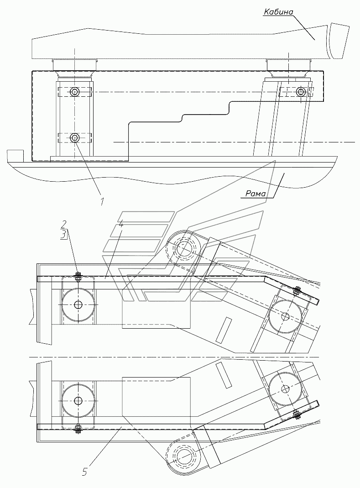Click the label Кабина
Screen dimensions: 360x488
click(278, 12)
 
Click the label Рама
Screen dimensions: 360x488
click(256, 194)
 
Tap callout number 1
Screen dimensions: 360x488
click(102, 201)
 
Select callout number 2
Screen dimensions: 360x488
click(63, 224)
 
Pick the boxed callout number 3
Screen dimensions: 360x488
click(63, 234)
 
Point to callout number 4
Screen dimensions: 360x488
click(121, 224)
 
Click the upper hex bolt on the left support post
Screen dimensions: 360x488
click(75, 92)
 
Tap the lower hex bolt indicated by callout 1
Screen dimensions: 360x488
click(75, 137)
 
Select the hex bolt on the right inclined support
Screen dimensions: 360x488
click(301, 91)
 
